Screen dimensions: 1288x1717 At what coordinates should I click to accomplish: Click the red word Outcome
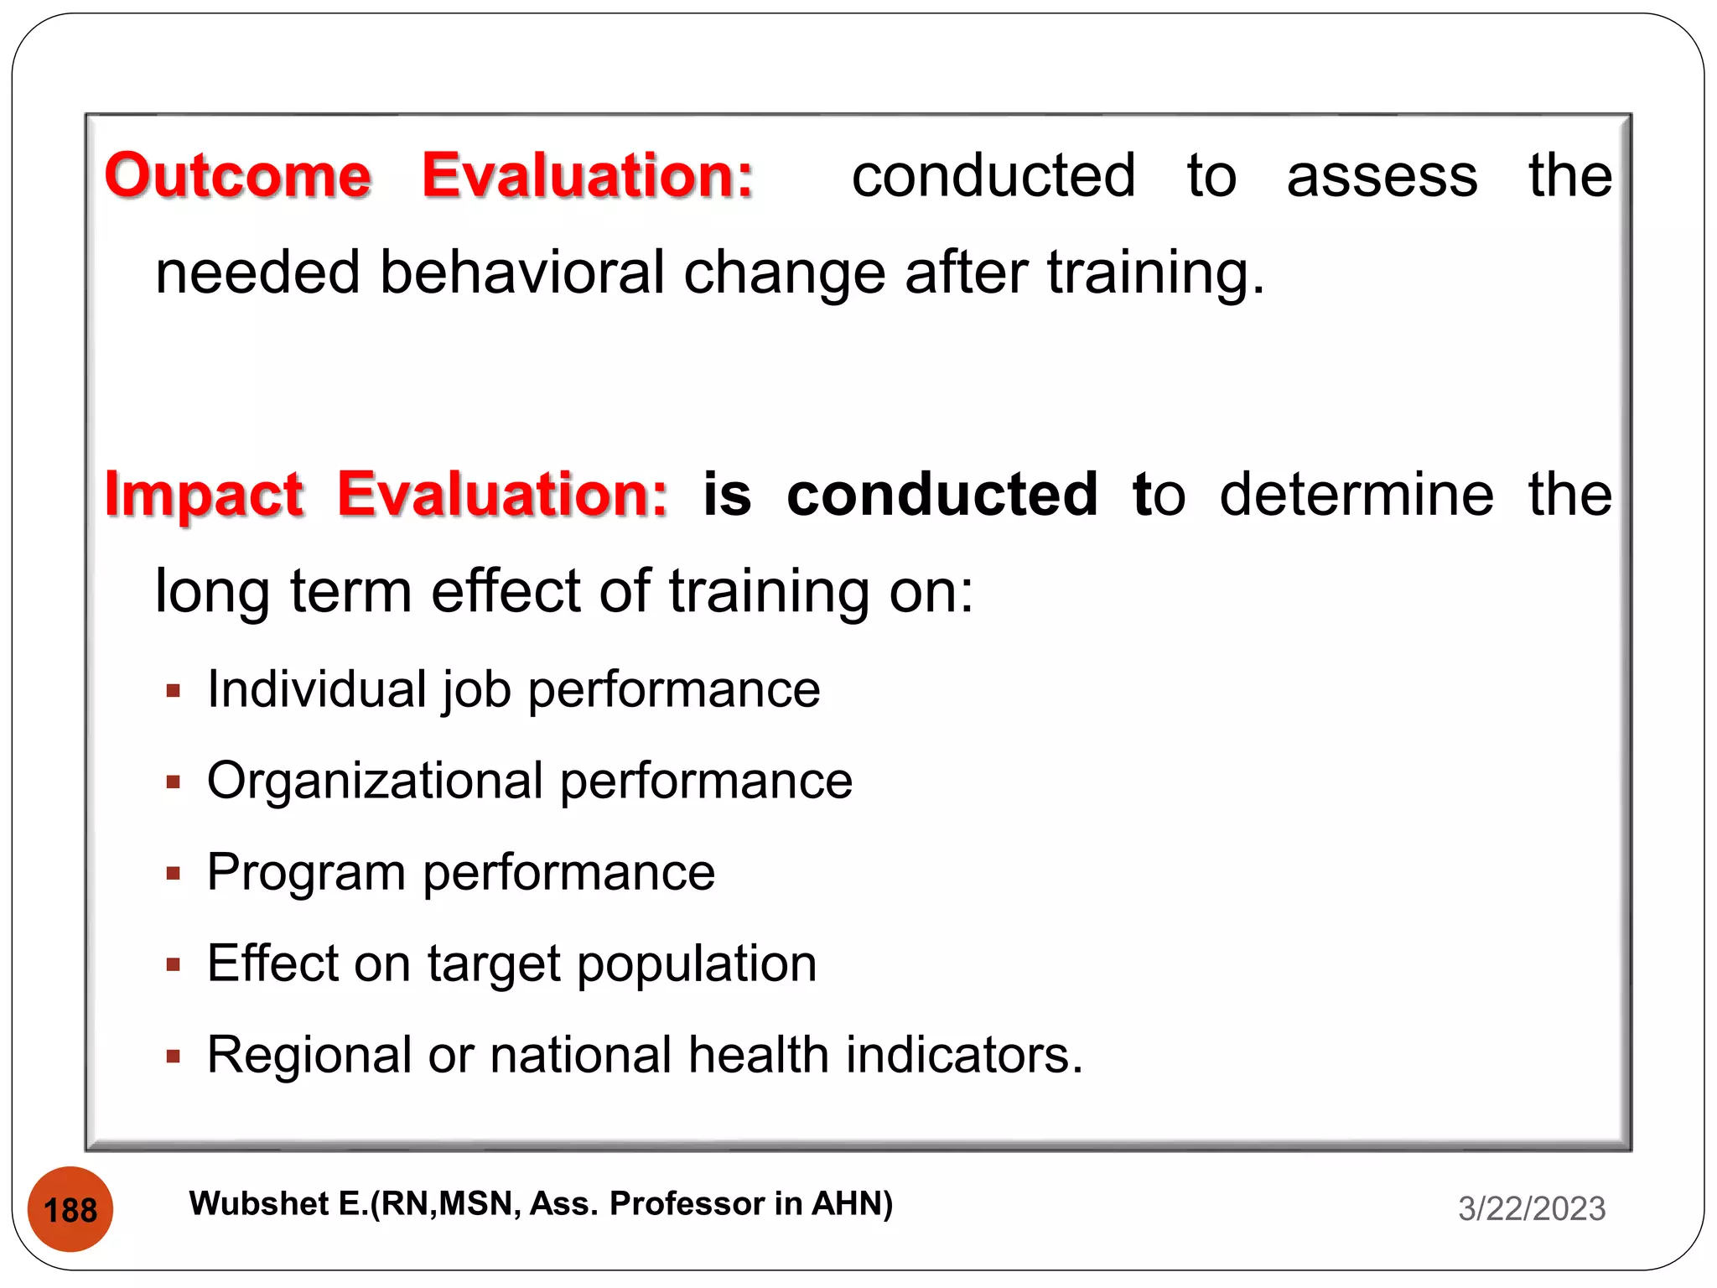tap(237, 176)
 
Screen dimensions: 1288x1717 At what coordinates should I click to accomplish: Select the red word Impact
tap(204, 495)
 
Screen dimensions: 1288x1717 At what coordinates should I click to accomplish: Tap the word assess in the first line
tap(1382, 178)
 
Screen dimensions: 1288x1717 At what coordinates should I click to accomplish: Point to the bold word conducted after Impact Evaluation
tap(941, 495)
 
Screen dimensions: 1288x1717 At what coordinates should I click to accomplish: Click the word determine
tap(1356, 495)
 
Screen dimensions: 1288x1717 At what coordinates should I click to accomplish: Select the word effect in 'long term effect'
tap(506, 591)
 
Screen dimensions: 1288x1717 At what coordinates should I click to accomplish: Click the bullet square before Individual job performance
tap(174, 692)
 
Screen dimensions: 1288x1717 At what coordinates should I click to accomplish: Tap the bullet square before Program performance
tap(174, 874)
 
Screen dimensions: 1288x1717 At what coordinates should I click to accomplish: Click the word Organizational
tap(375, 782)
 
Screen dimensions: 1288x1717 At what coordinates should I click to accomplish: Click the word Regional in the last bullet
tap(309, 1055)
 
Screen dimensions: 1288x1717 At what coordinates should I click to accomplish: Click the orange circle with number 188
tap(70, 1209)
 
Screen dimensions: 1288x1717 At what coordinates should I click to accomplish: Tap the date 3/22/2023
tap(1531, 1208)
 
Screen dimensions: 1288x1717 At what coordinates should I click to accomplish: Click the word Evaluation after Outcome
tap(587, 176)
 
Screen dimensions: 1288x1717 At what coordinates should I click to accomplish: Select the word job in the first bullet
tap(475, 692)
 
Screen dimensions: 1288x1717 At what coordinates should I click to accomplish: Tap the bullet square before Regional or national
tap(174, 1057)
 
